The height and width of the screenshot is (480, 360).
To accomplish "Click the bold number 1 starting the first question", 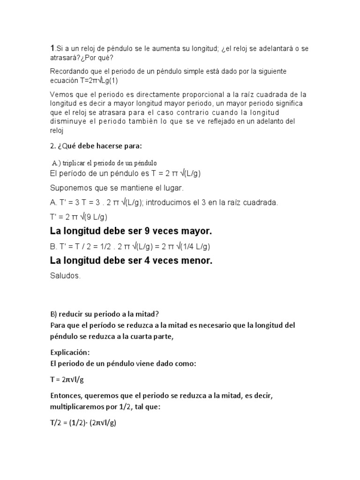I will pos(52,49).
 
